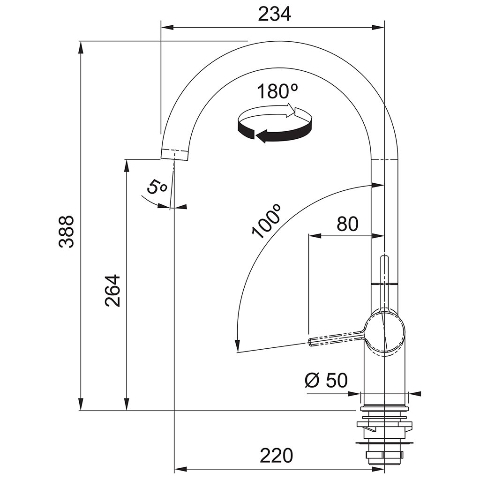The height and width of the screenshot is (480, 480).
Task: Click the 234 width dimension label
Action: pos(274,14)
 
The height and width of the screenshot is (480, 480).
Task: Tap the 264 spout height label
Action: pos(112,291)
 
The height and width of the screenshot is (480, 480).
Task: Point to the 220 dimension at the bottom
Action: pos(277,456)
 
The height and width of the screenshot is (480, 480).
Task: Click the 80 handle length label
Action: pos(347,224)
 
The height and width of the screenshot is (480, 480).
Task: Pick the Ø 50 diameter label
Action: pos(326,380)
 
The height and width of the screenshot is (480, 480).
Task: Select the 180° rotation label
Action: pos(277,91)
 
